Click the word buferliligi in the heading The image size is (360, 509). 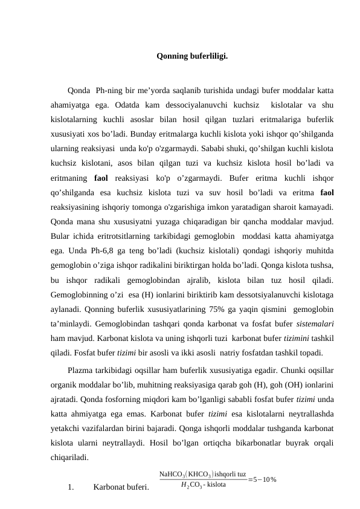210,57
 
